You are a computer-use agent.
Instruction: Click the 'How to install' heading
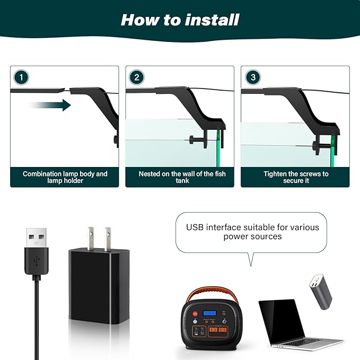click(180, 20)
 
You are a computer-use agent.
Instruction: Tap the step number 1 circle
click(21, 77)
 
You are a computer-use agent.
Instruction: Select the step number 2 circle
click(136, 77)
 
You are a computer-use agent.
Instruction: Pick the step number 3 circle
click(252, 77)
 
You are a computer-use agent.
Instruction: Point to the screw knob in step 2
click(191, 141)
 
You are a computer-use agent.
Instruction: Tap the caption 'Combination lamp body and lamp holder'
click(65, 177)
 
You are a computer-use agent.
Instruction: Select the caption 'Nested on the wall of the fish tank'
click(180, 177)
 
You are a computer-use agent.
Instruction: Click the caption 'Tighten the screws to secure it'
click(295, 177)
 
